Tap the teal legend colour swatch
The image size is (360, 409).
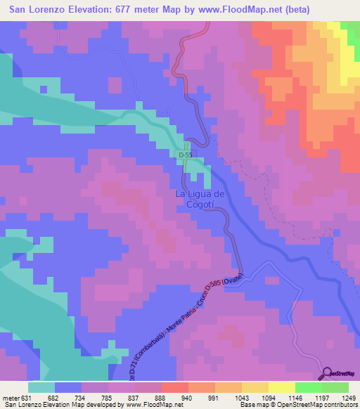pos(41,387)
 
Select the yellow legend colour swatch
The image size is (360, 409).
pos(281,387)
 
